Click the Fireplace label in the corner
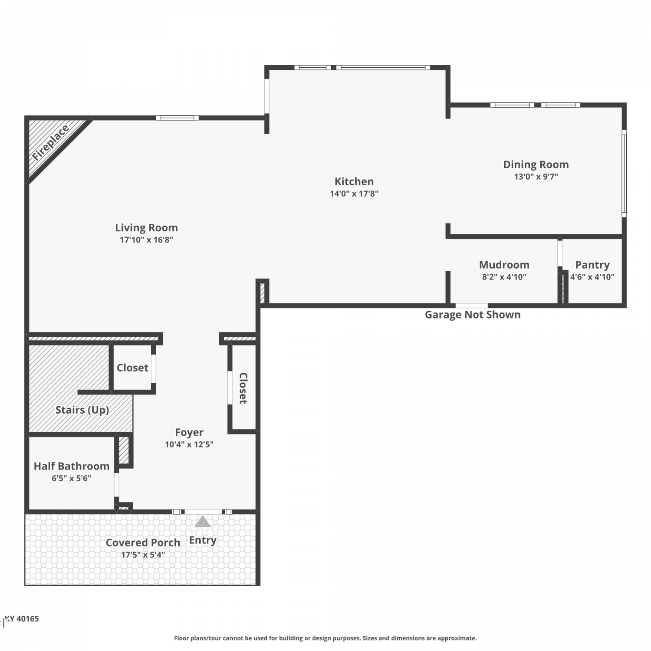click(51, 142)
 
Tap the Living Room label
click(146, 228)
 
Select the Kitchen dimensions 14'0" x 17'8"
click(354, 194)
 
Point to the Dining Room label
click(536, 165)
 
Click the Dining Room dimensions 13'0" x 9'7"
click(536, 177)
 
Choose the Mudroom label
click(504, 265)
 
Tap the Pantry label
click(592, 265)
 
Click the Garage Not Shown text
click(473, 315)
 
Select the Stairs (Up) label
click(82, 410)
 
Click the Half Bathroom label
click(72, 466)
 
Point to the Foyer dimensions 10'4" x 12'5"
click(189, 444)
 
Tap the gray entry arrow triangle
click(203, 522)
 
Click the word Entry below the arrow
click(203, 540)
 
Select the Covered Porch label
click(143, 542)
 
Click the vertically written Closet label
click(243, 388)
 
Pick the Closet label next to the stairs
click(132, 368)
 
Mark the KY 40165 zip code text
click(22, 619)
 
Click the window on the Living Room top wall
click(178, 118)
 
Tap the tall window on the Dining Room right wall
click(624, 174)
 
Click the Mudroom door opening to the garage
click(472, 306)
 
